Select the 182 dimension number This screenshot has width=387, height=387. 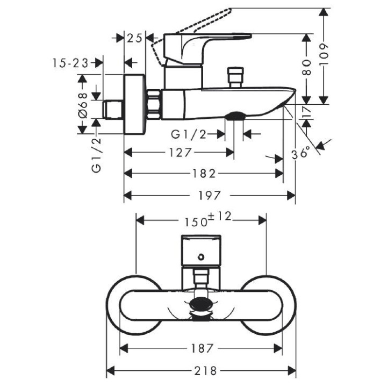204,173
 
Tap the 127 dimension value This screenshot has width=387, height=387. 177,153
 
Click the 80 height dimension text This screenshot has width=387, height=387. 307,69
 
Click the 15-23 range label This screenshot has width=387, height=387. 70,63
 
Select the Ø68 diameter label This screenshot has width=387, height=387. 82,104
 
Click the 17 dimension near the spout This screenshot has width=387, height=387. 307,112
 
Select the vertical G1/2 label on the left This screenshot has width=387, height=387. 97,154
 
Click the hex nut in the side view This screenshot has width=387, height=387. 155,103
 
